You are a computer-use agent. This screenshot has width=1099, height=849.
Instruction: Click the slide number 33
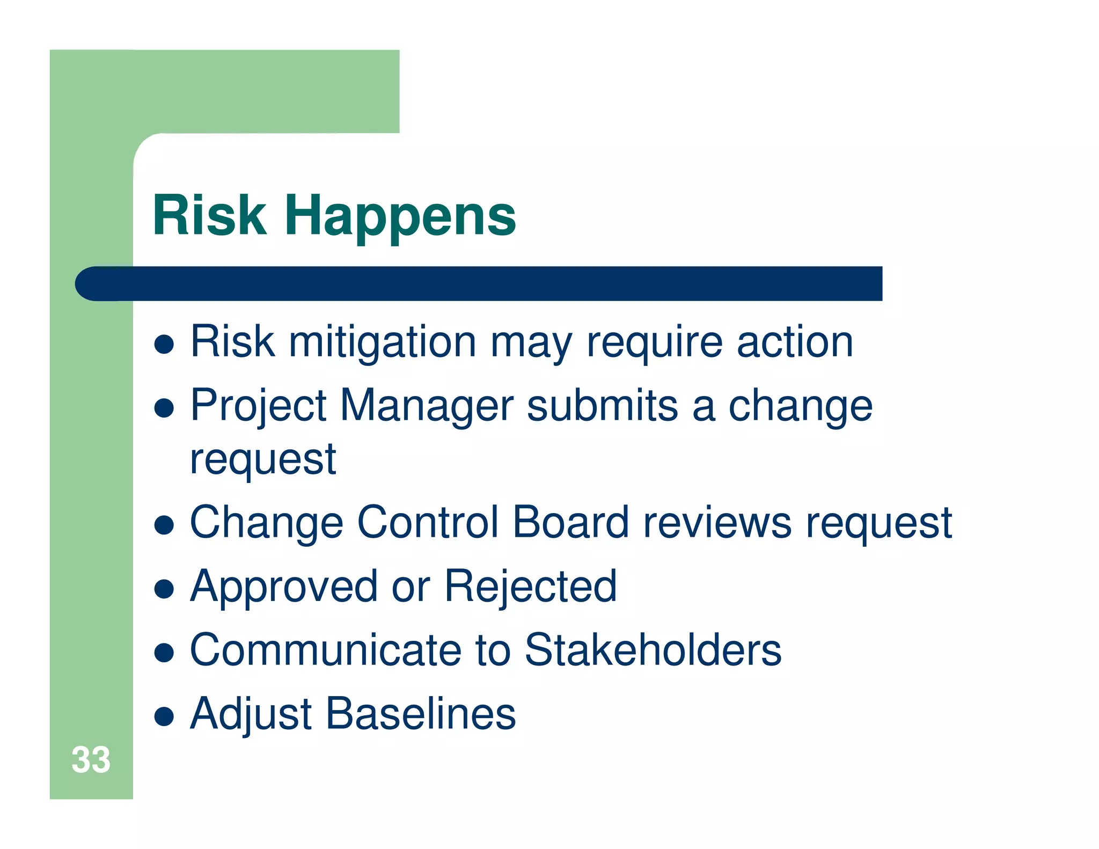[91, 760]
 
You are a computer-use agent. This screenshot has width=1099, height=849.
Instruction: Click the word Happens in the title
[400, 216]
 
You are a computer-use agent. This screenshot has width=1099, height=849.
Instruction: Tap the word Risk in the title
[210, 216]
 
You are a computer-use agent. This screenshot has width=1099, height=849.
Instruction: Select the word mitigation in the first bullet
[382, 342]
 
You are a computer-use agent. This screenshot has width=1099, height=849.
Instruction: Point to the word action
[794, 342]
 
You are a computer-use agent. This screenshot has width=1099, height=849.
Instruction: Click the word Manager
[427, 406]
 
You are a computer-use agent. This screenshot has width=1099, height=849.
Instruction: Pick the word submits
[602, 406]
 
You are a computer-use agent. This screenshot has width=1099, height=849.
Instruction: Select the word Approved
[284, 587]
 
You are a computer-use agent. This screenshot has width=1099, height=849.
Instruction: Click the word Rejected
[530, 587]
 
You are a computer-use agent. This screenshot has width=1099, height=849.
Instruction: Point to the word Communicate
[325, 650]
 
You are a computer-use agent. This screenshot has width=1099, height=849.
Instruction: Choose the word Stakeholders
[652, 650]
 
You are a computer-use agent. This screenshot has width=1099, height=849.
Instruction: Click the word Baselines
[421, 714]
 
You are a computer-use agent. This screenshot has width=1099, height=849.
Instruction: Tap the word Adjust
[251, 714]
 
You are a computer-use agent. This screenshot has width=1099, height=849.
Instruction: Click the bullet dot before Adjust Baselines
[164, 716]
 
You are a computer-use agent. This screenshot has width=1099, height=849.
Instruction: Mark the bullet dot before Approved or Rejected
[164, 589]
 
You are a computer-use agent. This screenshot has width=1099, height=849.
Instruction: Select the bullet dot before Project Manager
[164, 408]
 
